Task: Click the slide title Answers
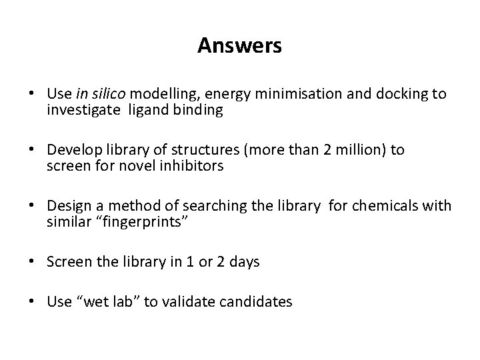[x=239, y=46]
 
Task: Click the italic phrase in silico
[x=95, y=94]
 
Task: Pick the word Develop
[x=72, y=150]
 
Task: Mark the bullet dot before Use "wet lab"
[x=36, y=302]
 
